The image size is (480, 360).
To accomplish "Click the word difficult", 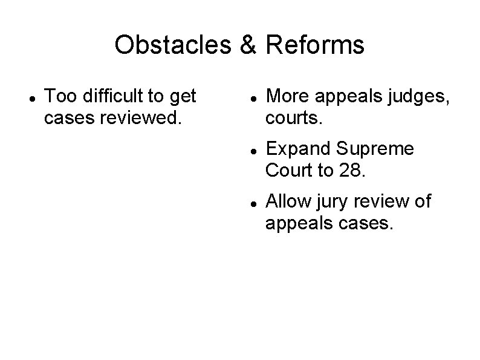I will click(x=115, y=96).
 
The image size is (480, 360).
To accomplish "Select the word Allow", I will click(x=287, y=201).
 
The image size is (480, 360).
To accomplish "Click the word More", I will click(x=287, y=96).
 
